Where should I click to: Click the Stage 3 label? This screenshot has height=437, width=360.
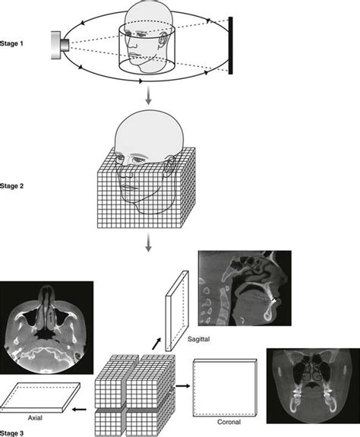click(13, 431)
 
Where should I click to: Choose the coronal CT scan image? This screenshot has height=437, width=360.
click(311, 385)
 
